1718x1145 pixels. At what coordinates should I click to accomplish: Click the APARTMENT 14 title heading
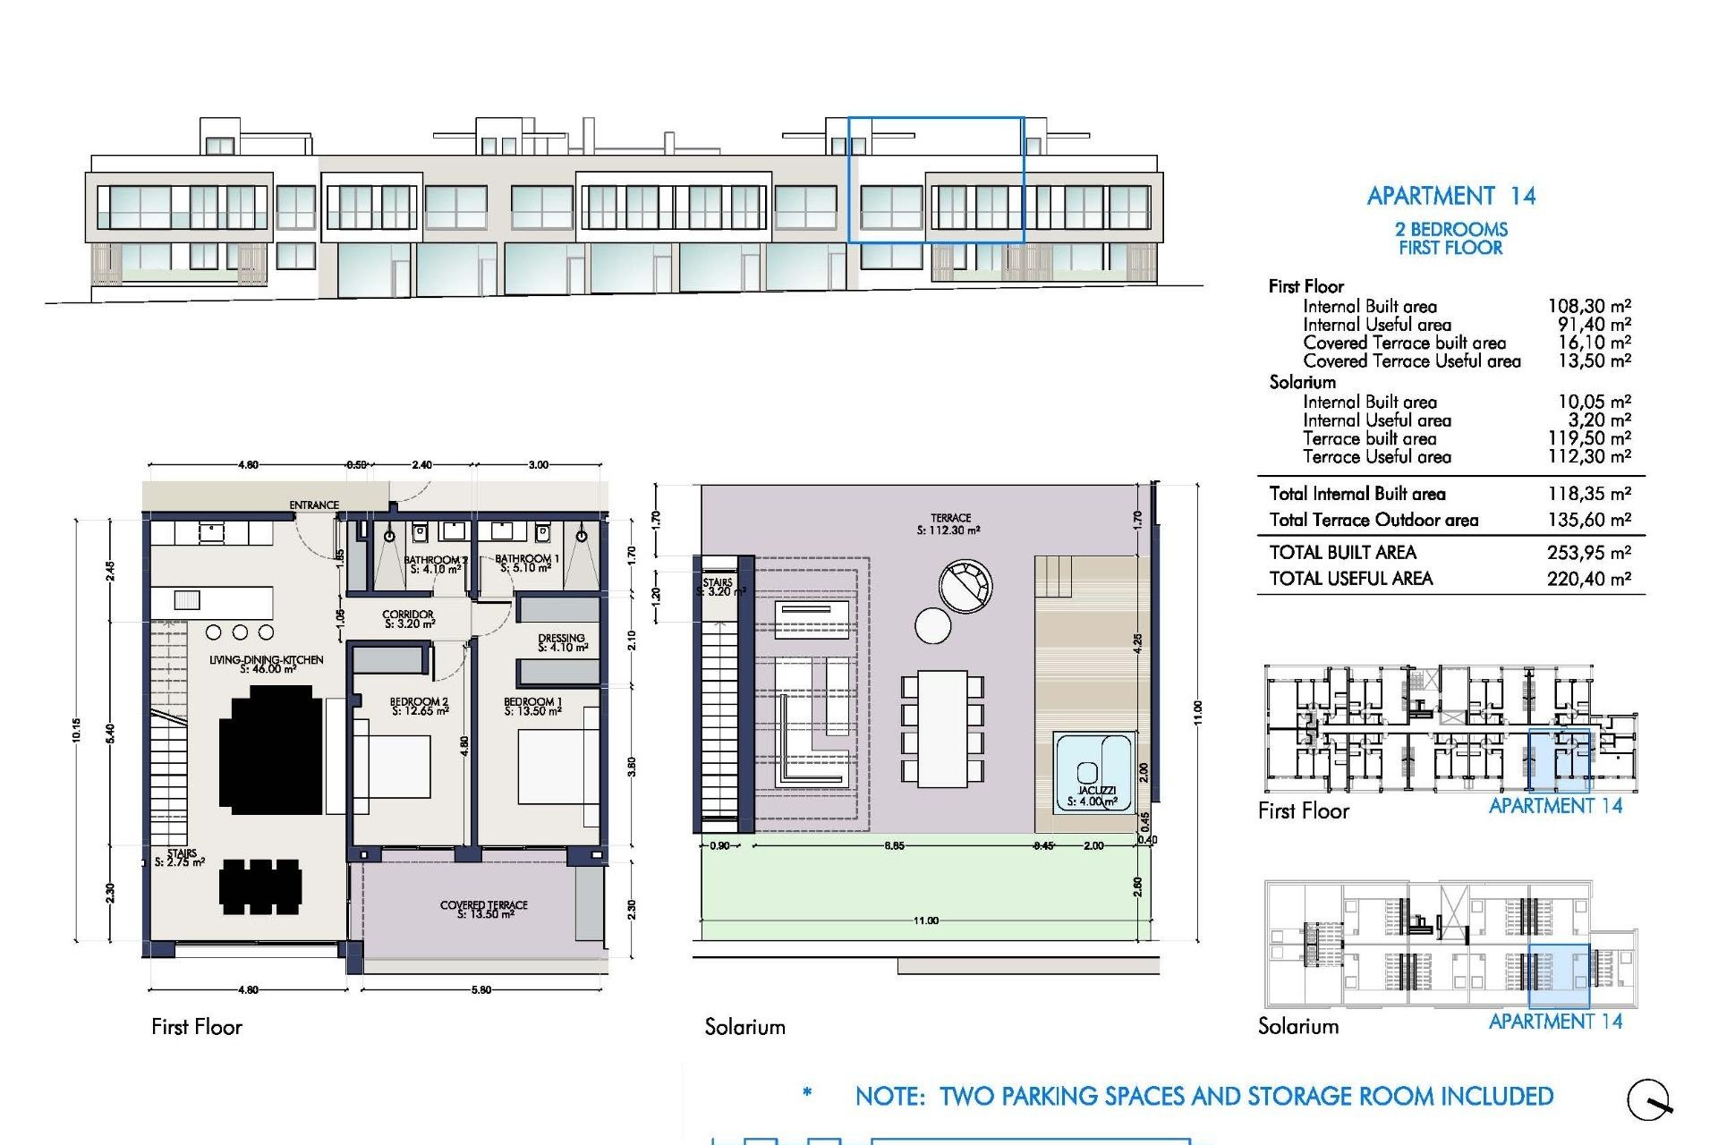tap(1450, 196)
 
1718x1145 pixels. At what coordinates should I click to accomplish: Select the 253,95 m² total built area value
tap(1589, 553)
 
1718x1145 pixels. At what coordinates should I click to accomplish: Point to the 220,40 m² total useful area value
tap(1589, 579)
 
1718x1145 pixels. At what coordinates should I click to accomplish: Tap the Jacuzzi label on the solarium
tap(1096, 792)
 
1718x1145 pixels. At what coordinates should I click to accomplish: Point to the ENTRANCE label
tap(314, 505)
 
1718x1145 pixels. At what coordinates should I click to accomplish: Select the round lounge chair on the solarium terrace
tap(965, 587)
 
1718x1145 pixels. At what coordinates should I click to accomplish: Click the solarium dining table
tap(942, 729)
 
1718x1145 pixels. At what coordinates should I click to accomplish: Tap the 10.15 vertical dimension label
tap(77, 731)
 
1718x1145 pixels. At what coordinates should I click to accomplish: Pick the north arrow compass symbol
tap(1649, 1100)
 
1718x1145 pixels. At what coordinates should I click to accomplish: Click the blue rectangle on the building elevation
tap(935, 179)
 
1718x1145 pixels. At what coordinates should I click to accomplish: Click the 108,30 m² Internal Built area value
tap(1589, 307)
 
